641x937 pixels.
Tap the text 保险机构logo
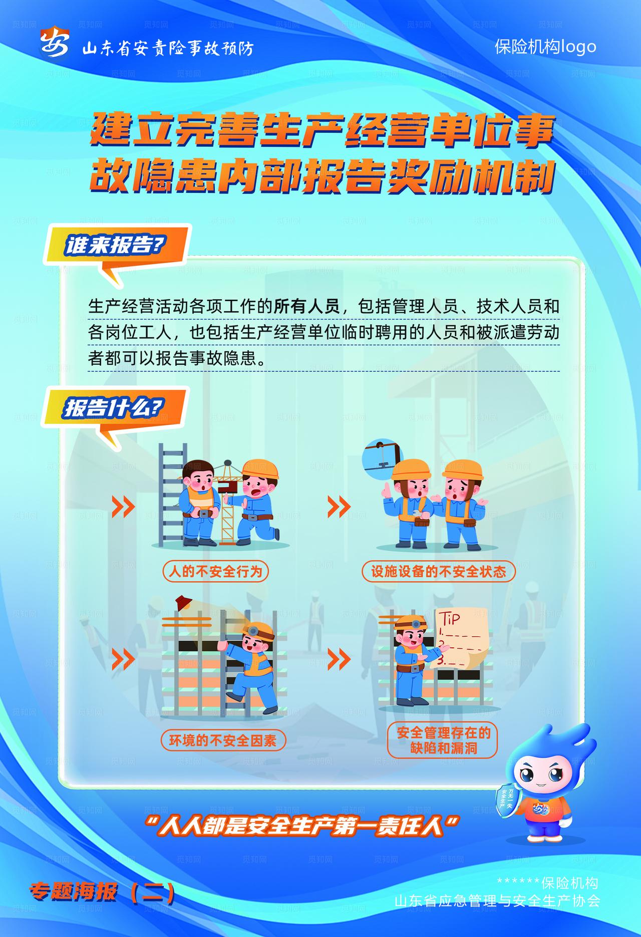click(x=545, y=47)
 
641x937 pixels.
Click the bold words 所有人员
click(x=306, y=306)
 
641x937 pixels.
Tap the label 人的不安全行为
click(x=215, y=571)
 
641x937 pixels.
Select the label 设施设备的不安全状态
click(x=438, y=571)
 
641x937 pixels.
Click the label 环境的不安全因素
click(x=223, y=741)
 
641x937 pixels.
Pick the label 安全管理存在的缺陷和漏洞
click(x=443, y=741)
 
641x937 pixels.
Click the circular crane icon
click(x=382, y=455)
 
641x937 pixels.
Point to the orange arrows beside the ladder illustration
click(x=123, y=507)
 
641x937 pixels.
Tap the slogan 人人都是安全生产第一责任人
click(x=300, y=825)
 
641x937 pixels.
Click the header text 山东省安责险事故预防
click(x=168, y=49)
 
